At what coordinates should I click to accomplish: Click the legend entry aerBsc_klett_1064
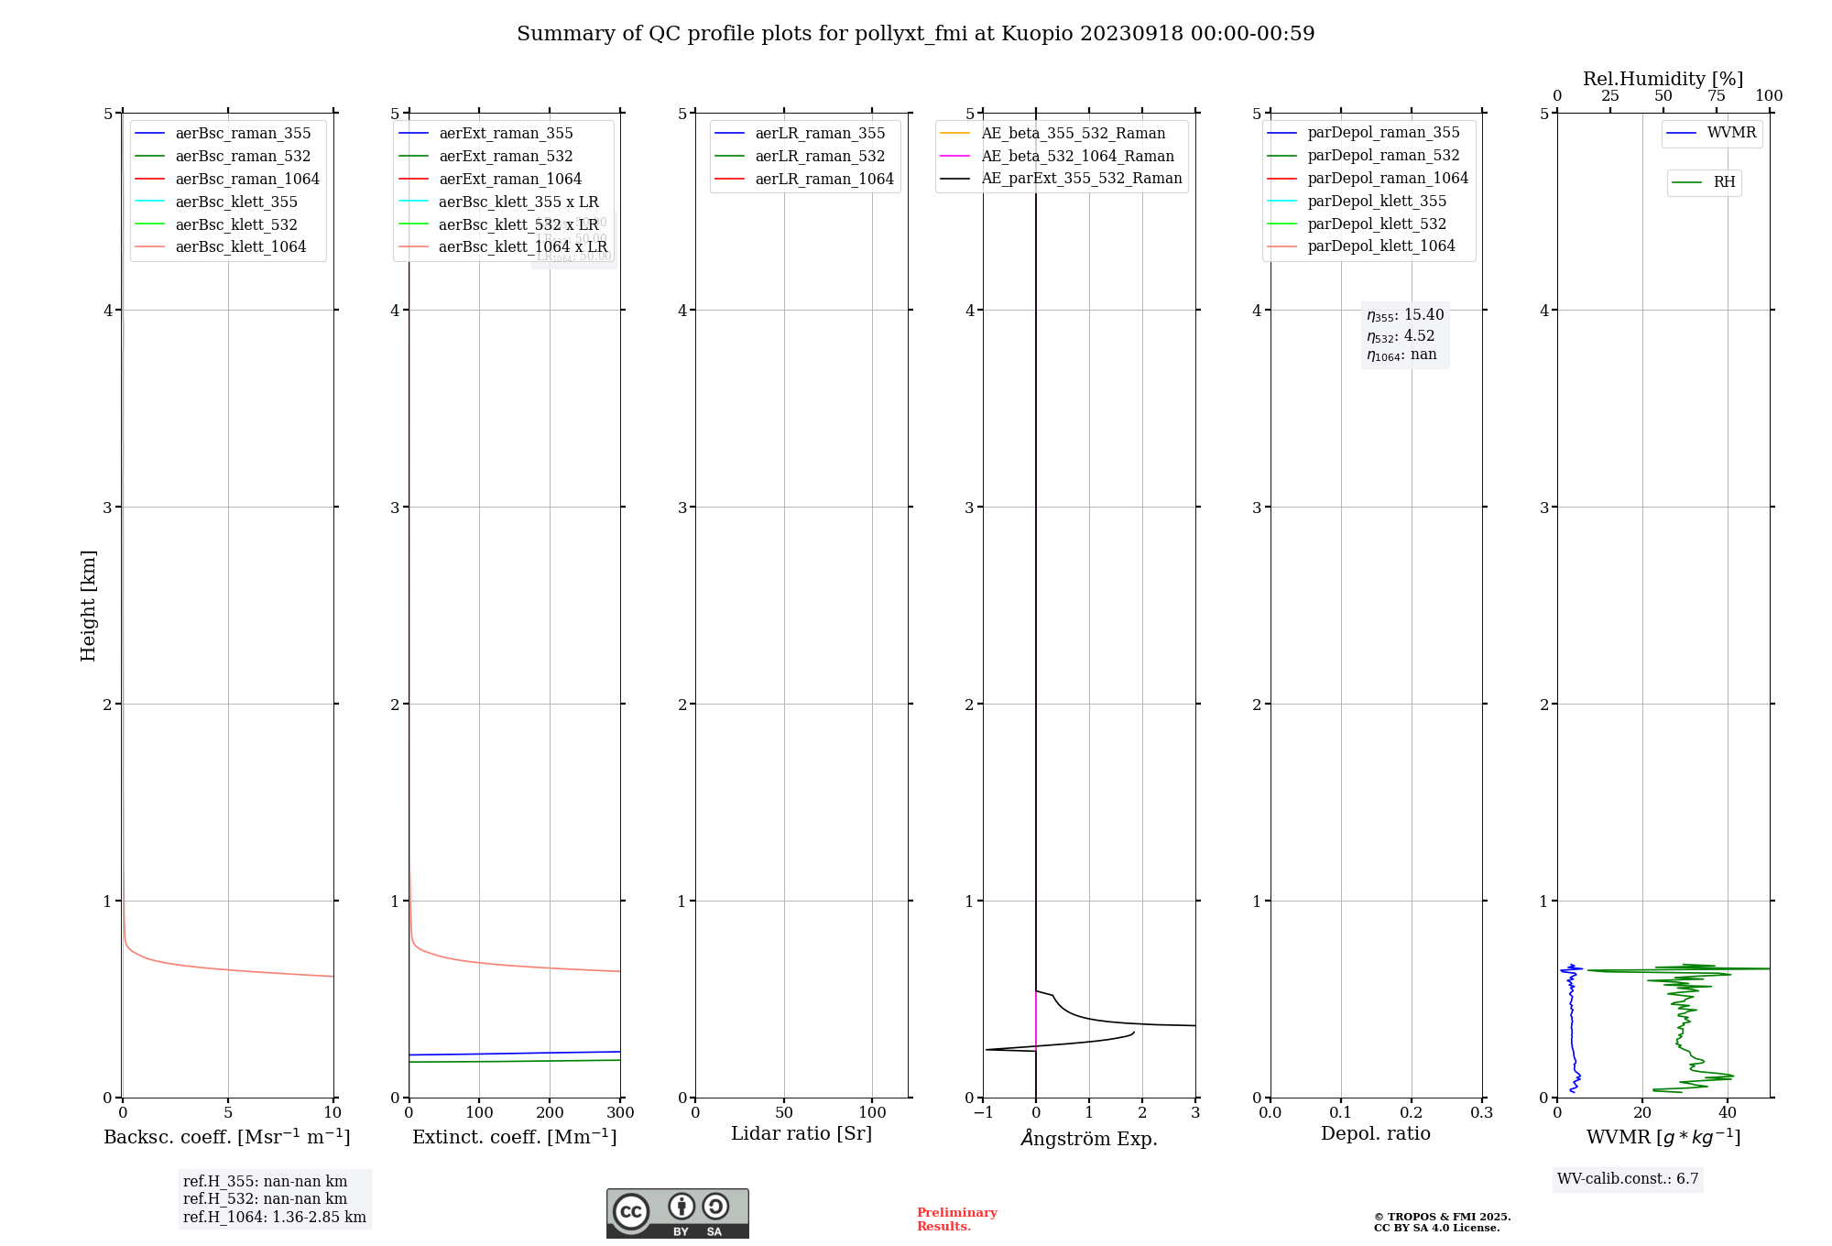240,247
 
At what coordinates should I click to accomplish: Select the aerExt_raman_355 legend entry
506,134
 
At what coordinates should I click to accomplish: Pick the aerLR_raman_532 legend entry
820,157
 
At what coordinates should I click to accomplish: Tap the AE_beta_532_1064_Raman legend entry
1077,157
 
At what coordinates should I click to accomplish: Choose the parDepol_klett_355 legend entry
1377,202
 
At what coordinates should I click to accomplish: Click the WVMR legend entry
1731,133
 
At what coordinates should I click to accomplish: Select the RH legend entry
1724,182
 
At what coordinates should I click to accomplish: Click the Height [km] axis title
88,606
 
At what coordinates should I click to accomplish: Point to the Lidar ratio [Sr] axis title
801,1133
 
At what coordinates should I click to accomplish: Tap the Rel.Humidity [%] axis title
1663,79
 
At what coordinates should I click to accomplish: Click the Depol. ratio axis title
1375,1133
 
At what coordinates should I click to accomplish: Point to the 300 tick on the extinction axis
620,1113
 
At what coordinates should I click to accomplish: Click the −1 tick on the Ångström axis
983,1113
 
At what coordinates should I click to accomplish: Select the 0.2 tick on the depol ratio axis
1412,1113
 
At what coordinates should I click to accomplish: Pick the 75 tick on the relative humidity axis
1716,96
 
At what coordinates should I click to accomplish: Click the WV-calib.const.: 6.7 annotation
1628,1179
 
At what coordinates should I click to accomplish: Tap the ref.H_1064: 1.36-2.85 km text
274,1218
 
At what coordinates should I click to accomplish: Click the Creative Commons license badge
677,1214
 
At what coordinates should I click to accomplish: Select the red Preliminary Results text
956,1219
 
